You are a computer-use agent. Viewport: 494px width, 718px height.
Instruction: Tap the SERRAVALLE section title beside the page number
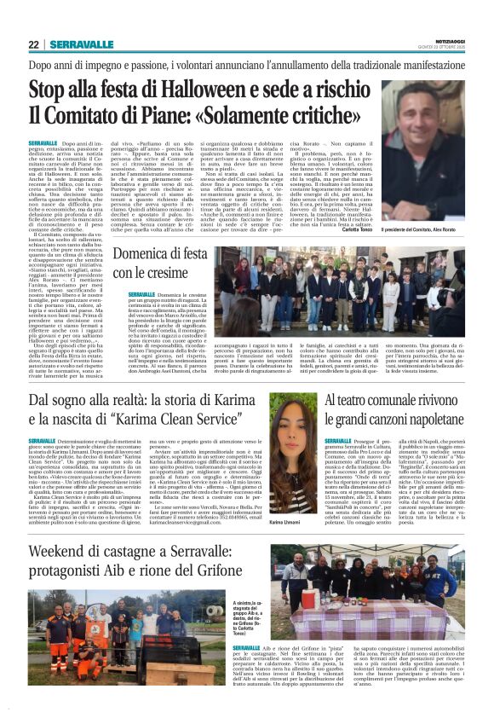tap(74, 44)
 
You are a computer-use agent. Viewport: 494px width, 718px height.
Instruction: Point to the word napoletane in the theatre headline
tap(421, 420)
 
